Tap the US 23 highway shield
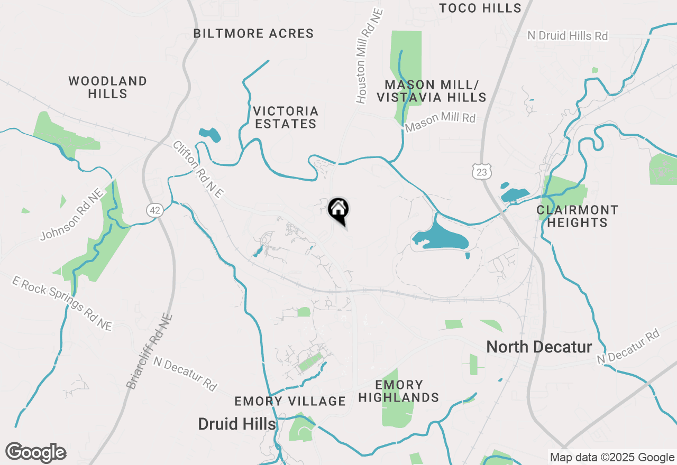tap(481, 171)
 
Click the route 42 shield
tap(154, 210)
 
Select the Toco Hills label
tap(480, 8)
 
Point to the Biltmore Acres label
tap(253, 34)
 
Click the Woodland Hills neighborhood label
tap(108, 87)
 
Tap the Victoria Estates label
tap(286, 117)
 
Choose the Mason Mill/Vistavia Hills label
tap(435, 91)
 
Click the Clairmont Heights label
tap(577, 216)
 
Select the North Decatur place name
tap(539, 347)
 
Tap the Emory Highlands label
tap(399, 391)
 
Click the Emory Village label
tap(290, 401)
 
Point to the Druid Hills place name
tap(237, 424)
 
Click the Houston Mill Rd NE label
tap(369, 55)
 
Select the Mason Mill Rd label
tap(440, 123)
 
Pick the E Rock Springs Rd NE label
tap(62, 304)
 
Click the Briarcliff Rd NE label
tap(150, 351)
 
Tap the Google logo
tap(36, 453)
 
